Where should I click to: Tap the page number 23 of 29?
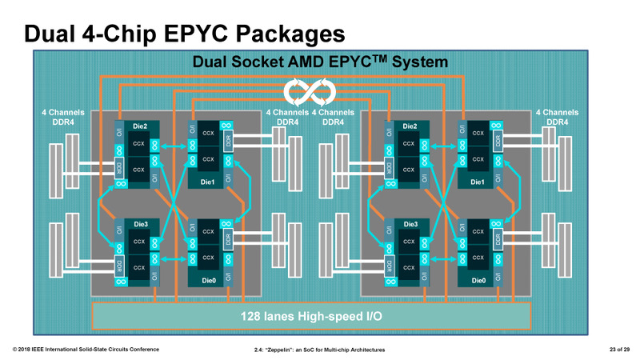(x=614, y=350)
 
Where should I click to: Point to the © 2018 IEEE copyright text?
(x=86, y=350)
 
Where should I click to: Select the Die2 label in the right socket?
(x=410, y=126)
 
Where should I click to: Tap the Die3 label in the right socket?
(x=410, y=224)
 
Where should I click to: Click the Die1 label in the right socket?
(x=478, y=183)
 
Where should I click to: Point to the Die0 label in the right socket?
(x=478, y=281)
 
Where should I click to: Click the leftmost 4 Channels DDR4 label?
(x=62, y=118)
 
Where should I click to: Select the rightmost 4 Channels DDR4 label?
(x=557, y=118)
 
